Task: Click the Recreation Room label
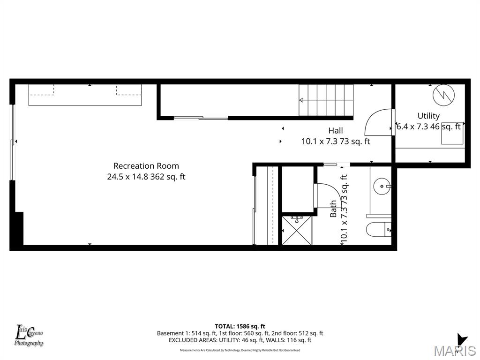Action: (x=146, y=166)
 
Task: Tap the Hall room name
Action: (x=335, y=131)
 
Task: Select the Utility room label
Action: (x=428, y=116)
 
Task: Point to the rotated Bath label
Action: (x=333, y=209)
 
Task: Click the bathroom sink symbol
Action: (x=382, y=186)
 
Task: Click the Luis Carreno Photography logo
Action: (x=29, y=336)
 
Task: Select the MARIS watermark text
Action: (x=455, y=351)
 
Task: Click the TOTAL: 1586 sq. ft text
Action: (x=240, y=326)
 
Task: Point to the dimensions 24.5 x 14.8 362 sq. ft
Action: (x=146, y=177)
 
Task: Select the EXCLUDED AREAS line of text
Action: (x=240, y=340)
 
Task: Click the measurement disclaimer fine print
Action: (x=240, y=350)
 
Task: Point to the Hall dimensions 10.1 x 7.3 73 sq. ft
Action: (x=335, y=141)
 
